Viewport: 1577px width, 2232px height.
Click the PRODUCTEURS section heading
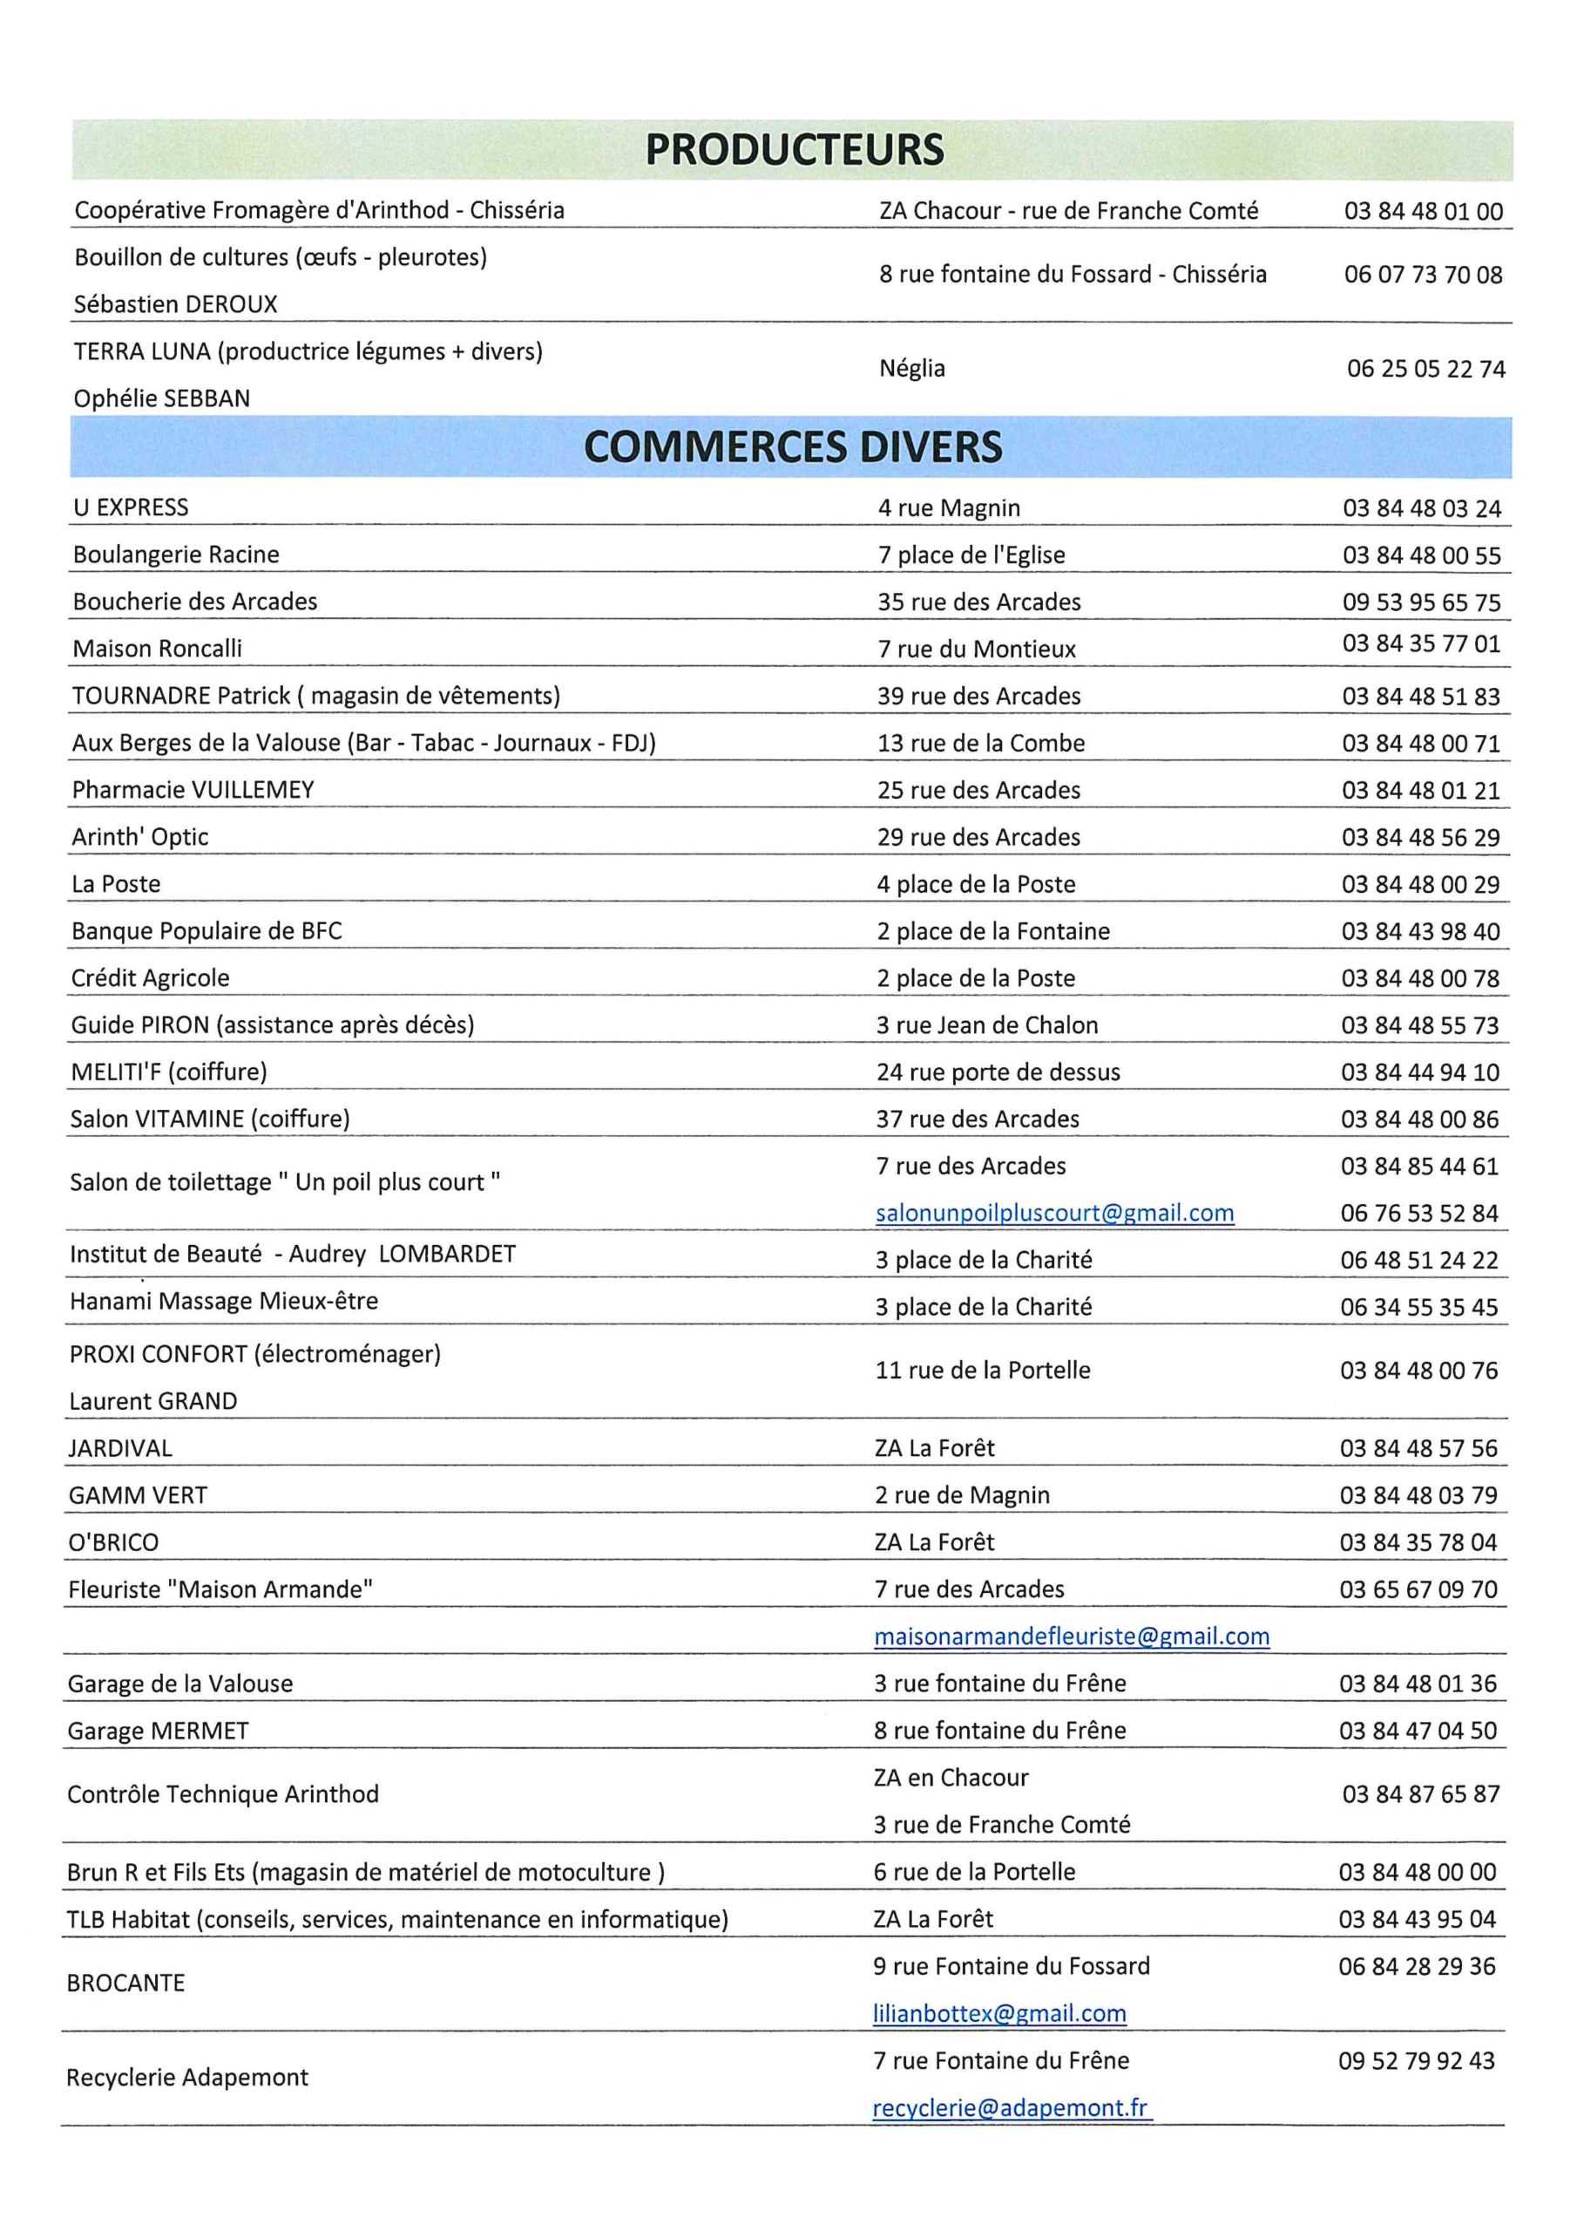794,150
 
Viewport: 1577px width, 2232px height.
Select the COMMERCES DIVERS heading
792,446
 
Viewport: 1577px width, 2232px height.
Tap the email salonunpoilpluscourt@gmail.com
1054,1213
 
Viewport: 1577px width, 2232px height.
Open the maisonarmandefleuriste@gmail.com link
1072,1637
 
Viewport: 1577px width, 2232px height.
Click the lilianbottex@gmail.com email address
998,2012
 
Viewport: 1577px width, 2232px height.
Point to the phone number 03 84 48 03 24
1422,508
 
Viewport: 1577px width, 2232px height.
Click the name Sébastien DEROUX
176,304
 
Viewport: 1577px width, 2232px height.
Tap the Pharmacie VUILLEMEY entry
193,789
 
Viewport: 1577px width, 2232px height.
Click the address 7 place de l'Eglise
971,555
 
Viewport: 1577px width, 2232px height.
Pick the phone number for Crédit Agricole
1419,978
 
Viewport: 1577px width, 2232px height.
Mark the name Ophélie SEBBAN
162,398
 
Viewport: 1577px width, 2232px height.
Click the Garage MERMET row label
159,1731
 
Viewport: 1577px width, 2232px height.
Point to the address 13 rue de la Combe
980,743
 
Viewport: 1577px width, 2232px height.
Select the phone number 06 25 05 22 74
1425,370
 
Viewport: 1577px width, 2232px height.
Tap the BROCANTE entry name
125,1984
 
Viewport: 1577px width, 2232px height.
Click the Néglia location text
911,369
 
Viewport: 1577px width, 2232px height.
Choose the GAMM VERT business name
138,1495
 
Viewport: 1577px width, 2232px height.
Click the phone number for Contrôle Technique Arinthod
1420,1793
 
